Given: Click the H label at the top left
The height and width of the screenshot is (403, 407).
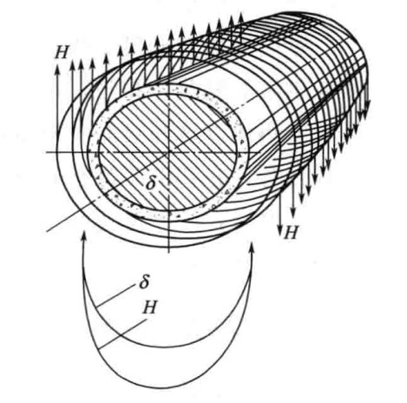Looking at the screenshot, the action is coord(61,52).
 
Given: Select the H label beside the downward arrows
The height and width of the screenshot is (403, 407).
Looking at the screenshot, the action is coord(291,232).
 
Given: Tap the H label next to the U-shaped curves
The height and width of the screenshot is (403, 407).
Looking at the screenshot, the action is coord(149,307).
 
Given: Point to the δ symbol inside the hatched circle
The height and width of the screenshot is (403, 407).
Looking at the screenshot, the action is coord(150,182).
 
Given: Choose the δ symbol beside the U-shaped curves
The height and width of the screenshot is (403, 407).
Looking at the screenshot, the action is coord(144,281).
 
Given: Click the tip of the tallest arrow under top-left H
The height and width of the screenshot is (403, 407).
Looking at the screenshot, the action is coord(57,65).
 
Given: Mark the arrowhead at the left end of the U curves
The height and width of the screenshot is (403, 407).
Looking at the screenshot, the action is coord(84,236).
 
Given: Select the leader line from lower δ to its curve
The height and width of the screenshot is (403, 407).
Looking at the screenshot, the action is coord(115,295).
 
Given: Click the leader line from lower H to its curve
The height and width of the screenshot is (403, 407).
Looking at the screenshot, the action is coord(122,334).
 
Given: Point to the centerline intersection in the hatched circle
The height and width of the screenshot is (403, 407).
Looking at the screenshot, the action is coord(168,152).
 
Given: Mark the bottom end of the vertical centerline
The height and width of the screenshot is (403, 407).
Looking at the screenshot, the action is coord(168,253).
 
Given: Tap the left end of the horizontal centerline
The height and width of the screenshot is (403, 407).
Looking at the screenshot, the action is coord(46,152).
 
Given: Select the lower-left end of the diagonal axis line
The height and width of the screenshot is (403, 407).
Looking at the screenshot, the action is coord(47,231).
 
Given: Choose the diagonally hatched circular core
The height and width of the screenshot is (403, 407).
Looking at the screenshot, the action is coord(168,152).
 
